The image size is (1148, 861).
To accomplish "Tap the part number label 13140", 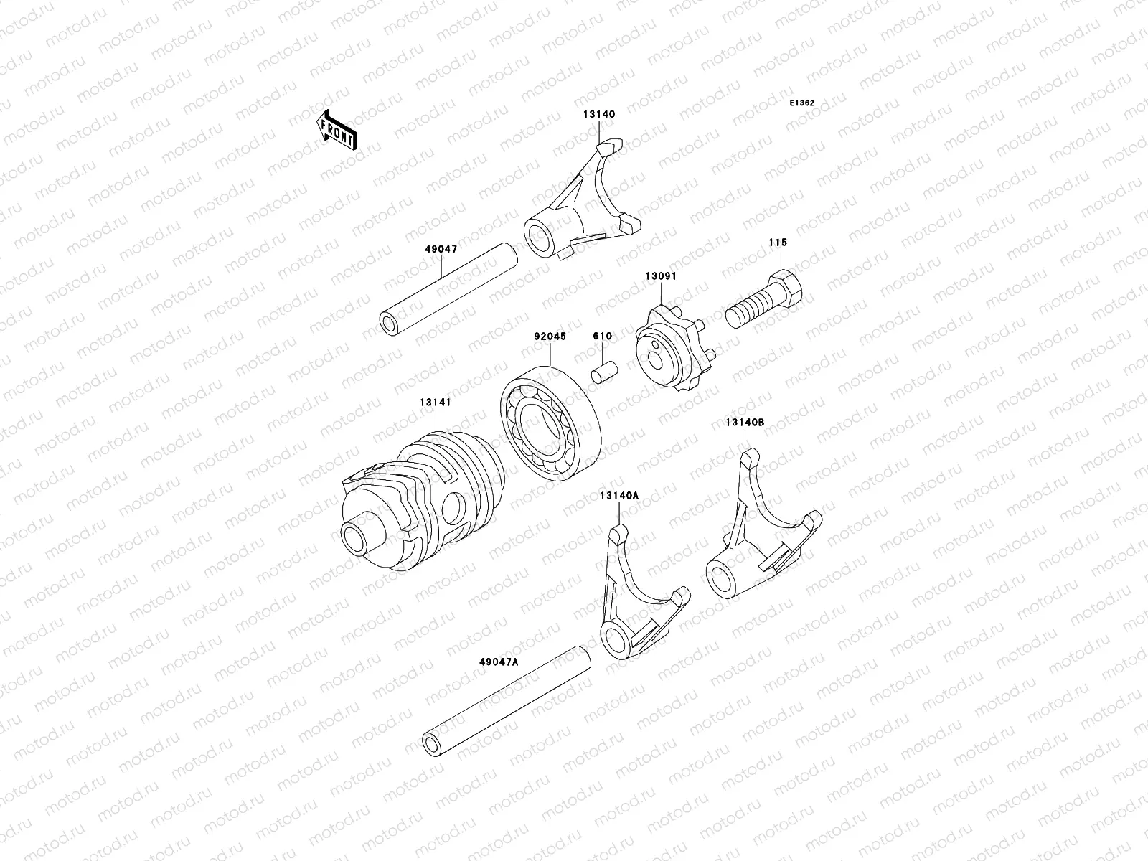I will [x=599, y=114].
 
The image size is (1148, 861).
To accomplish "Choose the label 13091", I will [x=660, y=276].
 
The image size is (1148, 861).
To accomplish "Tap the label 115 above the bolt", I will [x=777, y=243].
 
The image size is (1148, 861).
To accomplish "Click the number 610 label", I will [x=601, y=337].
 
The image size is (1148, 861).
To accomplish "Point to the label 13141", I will [x=436, y=403].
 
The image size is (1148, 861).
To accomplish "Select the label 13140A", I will [x=619, y=495].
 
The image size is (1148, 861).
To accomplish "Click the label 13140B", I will [x=743, y=423].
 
